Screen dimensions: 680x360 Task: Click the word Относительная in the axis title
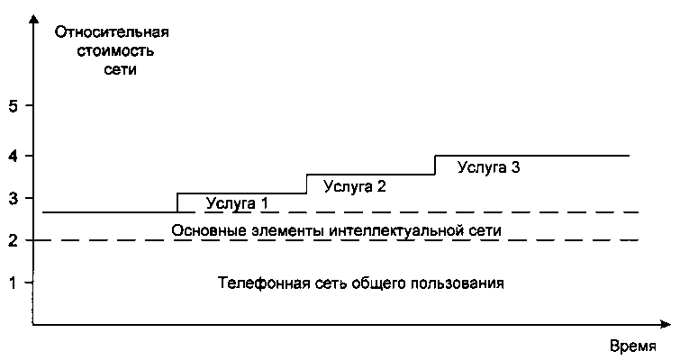(x=113, y=33)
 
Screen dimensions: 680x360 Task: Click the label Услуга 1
(x=237, y=202)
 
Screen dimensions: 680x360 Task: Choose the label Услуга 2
(x=354, y=187)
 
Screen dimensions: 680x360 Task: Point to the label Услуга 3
(x=488, y=166)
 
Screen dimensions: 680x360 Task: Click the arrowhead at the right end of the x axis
(x=668, y=327)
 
